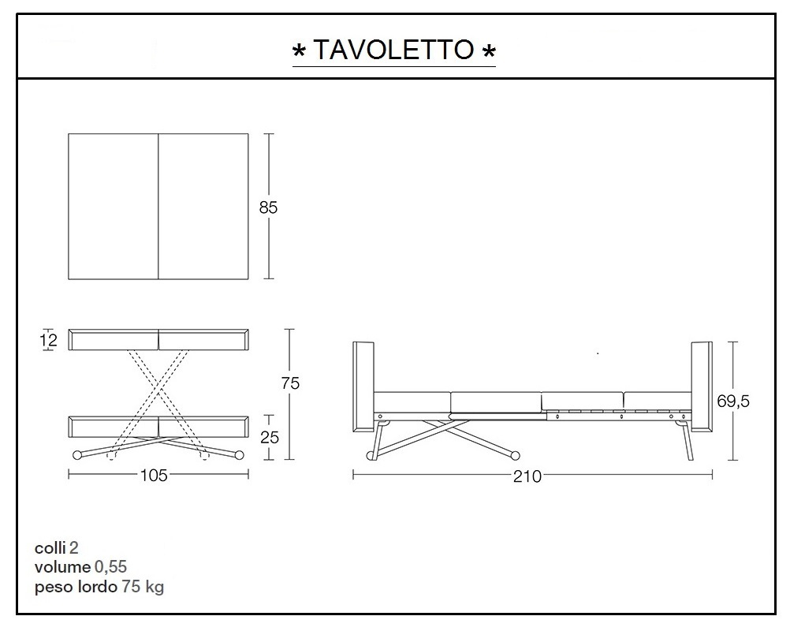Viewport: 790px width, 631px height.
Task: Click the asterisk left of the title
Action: (300, 52)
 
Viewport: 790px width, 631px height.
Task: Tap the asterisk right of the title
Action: (489, 52)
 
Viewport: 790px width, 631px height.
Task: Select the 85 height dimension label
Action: (268, 208)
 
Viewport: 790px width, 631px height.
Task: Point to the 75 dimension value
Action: (290, 383)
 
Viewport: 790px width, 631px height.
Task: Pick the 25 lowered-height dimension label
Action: (269, 437)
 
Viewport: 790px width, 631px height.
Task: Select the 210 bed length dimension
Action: (527, 476)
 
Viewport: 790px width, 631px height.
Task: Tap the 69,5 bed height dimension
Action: (732, 401)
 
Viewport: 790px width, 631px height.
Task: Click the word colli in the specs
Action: (50, 547)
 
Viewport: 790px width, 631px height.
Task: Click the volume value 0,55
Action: (110, 567)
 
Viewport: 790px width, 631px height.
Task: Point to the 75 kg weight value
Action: (143, 587)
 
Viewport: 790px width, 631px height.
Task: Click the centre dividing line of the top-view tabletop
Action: (159, 207)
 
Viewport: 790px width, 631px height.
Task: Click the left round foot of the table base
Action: (77, 454)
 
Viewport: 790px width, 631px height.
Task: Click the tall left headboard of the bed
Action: (363, 386)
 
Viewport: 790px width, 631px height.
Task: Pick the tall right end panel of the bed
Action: (701, 386)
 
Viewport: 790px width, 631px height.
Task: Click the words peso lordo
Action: (76, 587)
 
